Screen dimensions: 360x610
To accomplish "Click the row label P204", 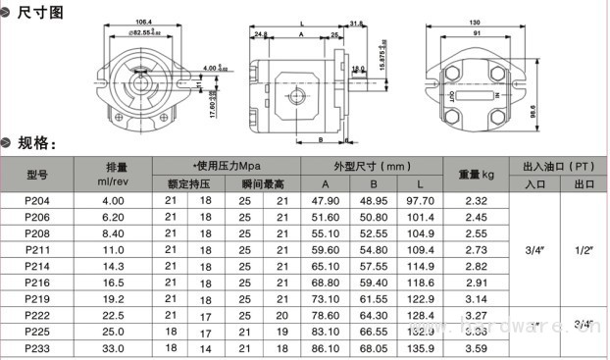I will pyautogui.click(x=36, y=201).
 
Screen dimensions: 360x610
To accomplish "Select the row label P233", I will pyautogui.click(x=36, y=347).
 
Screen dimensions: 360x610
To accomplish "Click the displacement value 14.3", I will pyautogui.click(x=114, y=266).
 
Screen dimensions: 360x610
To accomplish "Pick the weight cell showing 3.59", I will pyautogui.click(x=476, y=347).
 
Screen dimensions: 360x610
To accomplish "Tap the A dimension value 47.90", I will pyautogui.click(x=325, y=201).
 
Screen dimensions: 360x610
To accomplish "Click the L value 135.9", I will pyautogui.click(x=419, y=347).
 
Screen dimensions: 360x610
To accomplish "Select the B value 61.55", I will pyautogui.click(x=373, y=298).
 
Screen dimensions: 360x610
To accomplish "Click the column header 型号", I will pyautogui.click(x=36, y=174).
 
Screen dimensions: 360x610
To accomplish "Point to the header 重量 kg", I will pyautogui.click(x=476, y=174).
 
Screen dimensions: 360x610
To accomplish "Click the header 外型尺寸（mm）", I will pyautogui.click(x=372, y=165).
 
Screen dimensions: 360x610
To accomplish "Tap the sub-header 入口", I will pyautogui.click(x=534, y=183).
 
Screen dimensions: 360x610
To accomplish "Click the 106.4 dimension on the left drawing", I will pyautogui.click(x=143, y=22).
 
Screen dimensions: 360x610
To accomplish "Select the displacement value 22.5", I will pyautogui.click(x=114, y=315).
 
